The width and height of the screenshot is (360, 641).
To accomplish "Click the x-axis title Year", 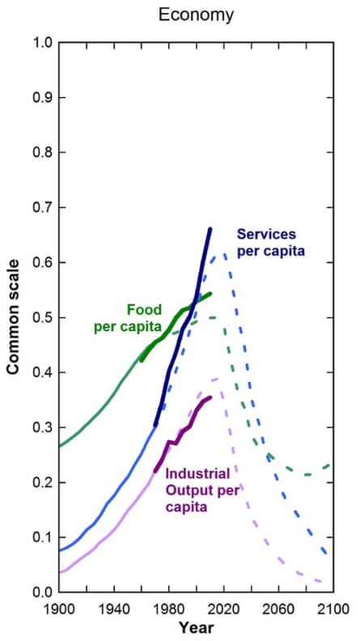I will (194, 627).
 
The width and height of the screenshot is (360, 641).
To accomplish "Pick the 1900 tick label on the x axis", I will (59, 609).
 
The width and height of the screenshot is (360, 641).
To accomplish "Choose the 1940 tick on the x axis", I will (113, 609).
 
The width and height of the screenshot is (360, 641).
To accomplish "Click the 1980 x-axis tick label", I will (167, 609).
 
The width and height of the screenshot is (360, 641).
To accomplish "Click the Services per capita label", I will (270, 242).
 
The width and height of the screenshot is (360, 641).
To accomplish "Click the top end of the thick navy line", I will (210, 229).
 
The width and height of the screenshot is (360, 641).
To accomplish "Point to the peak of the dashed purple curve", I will (215, 379).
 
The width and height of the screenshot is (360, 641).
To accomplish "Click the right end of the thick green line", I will (210, 294).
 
